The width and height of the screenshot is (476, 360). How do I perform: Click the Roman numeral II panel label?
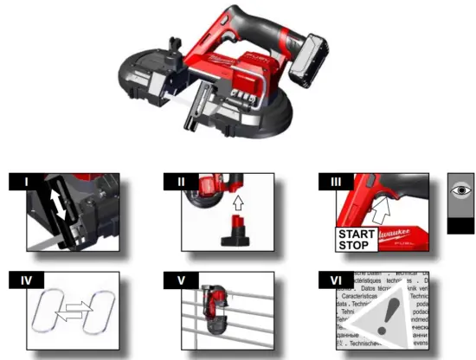pyautogui.click(x=180, y=181)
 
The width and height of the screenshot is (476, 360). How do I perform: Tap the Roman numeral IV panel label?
pyautogui.click(x=25, y=280)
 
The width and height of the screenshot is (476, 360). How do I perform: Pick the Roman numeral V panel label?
pyautogui.click(x=180, y=280)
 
